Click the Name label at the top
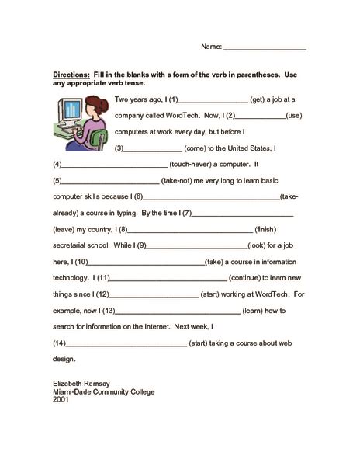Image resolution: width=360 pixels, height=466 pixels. point(211,47)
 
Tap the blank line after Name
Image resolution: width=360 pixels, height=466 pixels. point(265,48)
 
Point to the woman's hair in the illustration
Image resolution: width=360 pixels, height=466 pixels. point(101,106)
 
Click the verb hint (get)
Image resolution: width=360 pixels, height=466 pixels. point(260,99)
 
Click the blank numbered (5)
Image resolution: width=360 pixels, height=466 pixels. point(109,182)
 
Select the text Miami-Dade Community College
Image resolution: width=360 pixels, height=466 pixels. point(102,392)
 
